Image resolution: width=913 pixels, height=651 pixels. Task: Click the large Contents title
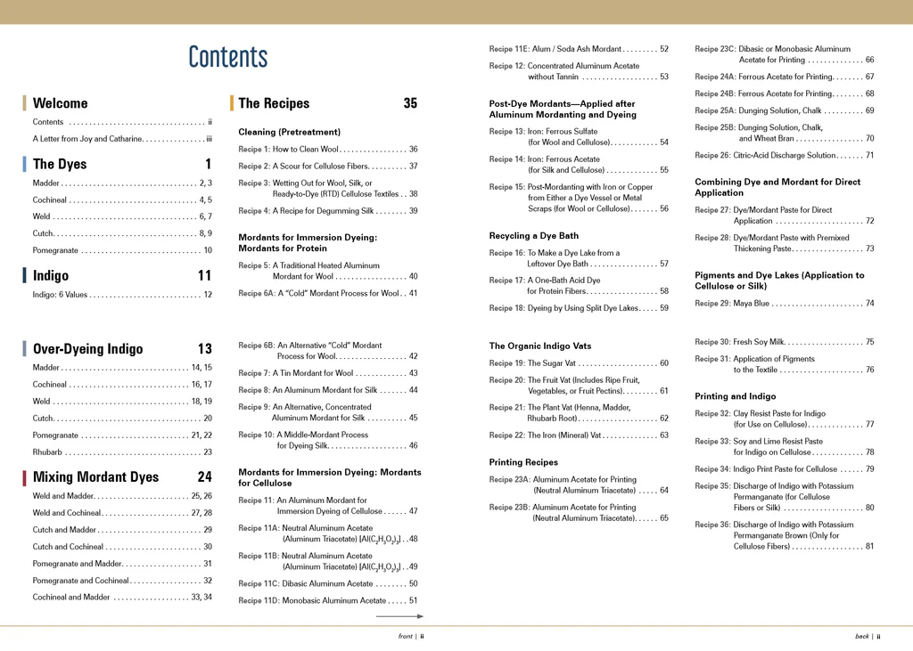pos(227,57)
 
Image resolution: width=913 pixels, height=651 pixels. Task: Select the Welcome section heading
pos(60,103)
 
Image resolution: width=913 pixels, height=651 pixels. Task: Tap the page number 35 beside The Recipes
pos(409,103)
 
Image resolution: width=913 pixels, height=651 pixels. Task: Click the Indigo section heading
pos(51,276)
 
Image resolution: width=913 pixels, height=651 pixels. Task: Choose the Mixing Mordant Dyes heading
pos(95,477)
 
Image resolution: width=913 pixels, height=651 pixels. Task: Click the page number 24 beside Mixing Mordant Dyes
pos(204,477)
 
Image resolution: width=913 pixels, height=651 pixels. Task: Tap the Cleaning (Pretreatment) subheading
pos(289,132)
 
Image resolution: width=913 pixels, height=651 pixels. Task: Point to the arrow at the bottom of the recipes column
pos(399,616)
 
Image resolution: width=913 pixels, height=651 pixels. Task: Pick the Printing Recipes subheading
pos(523,462)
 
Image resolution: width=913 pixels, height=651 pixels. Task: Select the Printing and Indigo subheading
pos(735,396)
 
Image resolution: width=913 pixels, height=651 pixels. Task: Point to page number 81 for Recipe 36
pos(869,547)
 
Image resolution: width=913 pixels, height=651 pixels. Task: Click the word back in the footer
pos(861,637)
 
